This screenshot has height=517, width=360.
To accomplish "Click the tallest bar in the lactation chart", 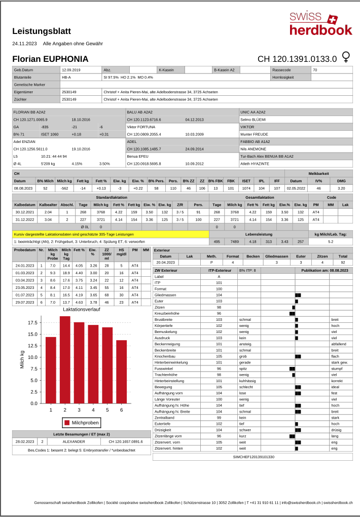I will [65, 359].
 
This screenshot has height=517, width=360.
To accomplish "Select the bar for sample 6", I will [121, 372].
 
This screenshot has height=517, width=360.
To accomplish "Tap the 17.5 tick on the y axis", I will [31, 323].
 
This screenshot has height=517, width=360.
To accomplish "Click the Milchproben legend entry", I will [81, 422].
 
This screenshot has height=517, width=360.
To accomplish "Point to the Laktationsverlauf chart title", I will [81, 309].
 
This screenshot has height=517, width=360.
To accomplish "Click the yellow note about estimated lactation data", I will [111, 234].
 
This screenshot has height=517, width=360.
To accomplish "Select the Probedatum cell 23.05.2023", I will [25, 287].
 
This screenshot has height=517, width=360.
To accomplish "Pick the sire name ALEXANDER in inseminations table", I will [74, 441].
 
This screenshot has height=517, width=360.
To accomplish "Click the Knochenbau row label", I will [165, 356].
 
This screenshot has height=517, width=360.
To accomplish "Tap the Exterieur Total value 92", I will [343, 263].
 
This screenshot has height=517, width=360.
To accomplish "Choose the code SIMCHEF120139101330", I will [253, 457].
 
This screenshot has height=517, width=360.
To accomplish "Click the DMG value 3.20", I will [341, 188].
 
